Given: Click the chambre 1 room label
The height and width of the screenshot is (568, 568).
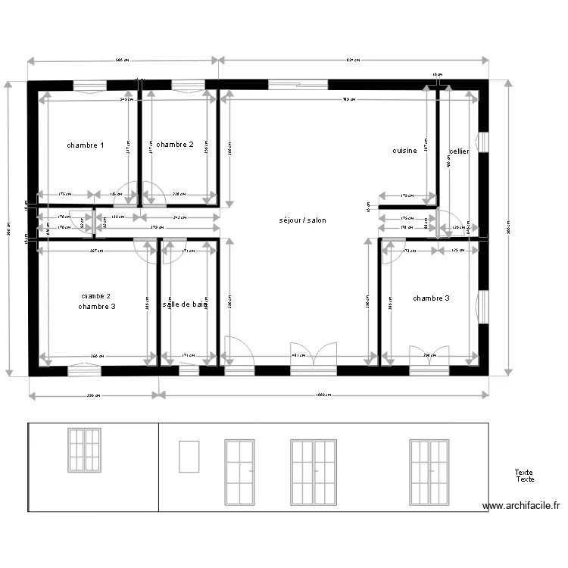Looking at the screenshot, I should point(86,145).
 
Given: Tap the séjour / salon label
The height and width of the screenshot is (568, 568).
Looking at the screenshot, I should point(303,220).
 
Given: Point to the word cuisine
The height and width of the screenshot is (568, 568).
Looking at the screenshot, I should point(404,151).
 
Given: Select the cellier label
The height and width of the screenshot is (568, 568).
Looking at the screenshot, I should point(459,151).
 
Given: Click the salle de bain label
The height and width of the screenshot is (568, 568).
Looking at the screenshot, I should point(185,304).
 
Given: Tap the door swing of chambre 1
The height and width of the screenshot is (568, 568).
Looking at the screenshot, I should point(127,193).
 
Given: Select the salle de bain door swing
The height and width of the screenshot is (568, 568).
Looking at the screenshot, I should point(173,250).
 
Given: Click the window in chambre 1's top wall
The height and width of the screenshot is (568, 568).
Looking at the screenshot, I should point(89,85).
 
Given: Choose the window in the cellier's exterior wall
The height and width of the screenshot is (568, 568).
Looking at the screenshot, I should point(482,142).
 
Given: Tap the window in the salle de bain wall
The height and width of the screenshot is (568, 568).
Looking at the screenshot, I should point(189,370).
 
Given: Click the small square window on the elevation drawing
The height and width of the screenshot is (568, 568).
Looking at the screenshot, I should point(189,457).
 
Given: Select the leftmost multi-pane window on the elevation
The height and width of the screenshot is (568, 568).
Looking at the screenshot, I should point(84,450).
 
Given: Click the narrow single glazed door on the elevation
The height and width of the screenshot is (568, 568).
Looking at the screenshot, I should point(239,473).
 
